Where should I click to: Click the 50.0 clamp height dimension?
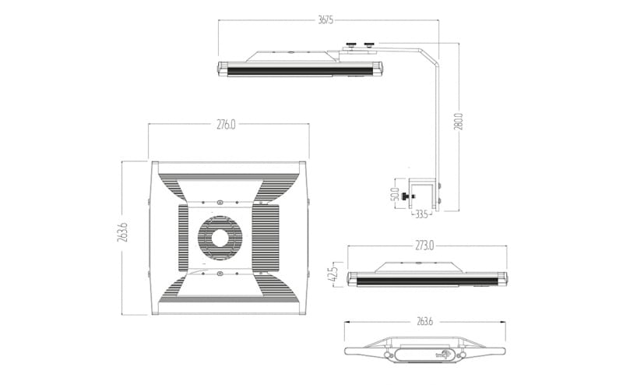(x=395, y=193)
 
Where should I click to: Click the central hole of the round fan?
(x=221, y=237)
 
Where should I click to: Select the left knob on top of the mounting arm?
(x=352, y=45)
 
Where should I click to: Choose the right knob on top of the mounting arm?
(x=370, y=45)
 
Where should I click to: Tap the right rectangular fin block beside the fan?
(x=267, y=238)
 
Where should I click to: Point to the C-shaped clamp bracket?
(x=428, y=196)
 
